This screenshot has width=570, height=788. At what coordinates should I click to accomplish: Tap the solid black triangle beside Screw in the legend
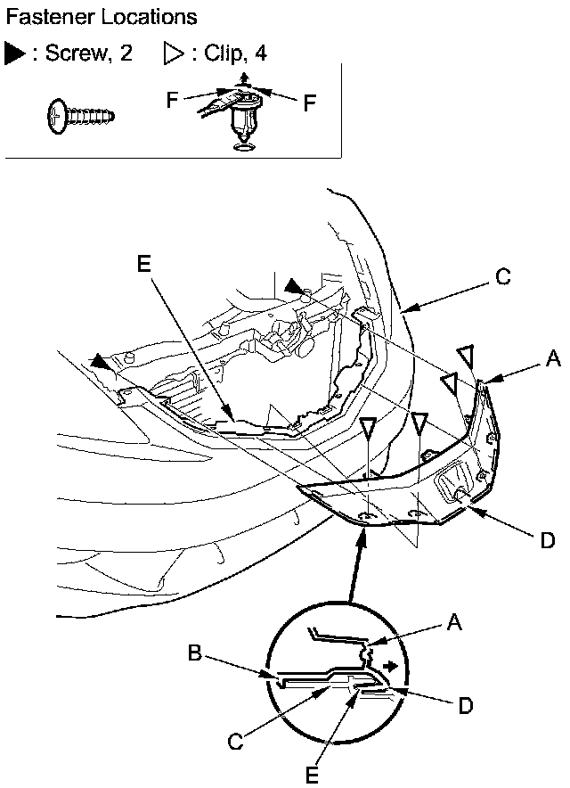tap(15, 53)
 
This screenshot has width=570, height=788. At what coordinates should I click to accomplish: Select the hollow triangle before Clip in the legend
tap(173, 53)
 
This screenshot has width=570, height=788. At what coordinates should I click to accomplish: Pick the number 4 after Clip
tap(260, 53)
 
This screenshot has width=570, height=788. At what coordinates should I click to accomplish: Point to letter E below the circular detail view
tap(312, 775)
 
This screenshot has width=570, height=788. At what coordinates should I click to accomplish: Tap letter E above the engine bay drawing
tap(145, 263)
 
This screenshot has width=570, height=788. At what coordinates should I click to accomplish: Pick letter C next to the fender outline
tap(502, 276)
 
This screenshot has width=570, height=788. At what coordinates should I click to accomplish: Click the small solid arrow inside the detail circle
tap(389, 665)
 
